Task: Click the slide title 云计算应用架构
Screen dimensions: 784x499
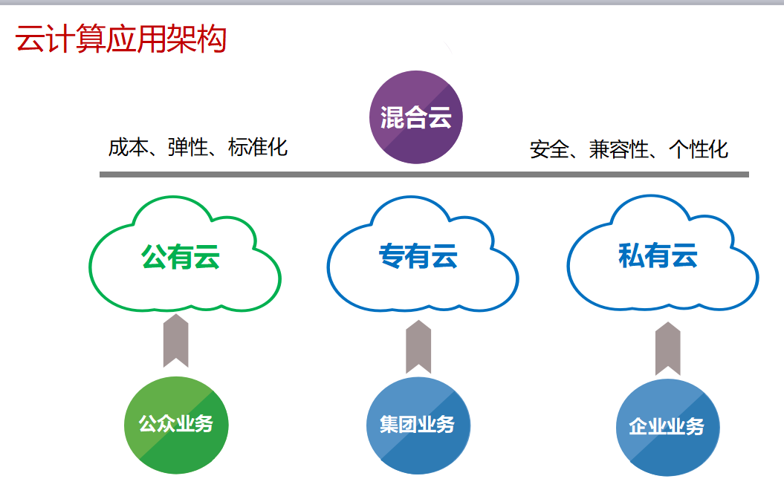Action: (121, 39)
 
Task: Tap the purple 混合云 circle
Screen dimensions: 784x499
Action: (416, 117)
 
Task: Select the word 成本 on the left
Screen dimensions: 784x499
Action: (128, 147)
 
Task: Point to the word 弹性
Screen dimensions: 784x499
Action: (188, 147)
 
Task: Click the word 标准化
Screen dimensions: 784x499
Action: (258, 147)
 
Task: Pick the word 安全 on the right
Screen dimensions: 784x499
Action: (549, 149)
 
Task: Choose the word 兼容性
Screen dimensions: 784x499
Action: (619, 149)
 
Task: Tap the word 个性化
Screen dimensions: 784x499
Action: (699, 149)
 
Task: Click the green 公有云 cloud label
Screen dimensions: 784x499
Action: (181, 257)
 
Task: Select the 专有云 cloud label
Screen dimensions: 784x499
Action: (418, 255)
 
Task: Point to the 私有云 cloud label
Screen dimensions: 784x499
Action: (658, 255)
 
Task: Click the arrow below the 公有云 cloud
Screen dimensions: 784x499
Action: (176, 341)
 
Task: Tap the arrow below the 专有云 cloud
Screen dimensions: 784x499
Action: (418, 347)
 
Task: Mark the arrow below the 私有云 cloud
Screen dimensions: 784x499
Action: (668, 349)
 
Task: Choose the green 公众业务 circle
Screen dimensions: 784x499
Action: (176, 425)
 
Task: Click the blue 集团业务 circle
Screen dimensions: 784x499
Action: (418, 425)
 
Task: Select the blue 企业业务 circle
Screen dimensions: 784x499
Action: (667, 427)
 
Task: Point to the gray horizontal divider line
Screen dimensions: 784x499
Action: (424, 175)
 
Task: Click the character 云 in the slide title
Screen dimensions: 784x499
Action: (30, 39)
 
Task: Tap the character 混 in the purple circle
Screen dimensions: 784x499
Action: (392, 117)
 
